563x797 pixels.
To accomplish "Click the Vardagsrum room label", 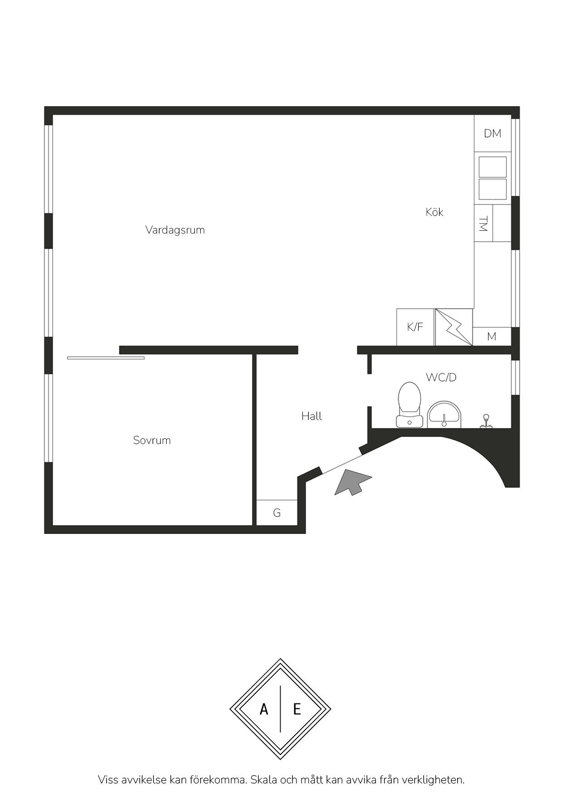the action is click(x=175, y=230).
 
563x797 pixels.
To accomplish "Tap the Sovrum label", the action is click(x=152, y=440).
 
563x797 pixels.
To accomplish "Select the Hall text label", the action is click(x=311, y=416).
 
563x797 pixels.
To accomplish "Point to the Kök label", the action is click(x=435, y=212).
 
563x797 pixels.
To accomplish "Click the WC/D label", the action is click(x=441, y=377).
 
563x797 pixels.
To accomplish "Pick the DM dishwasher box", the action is click(x=493, y=133).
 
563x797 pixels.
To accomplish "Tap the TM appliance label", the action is click(x=483, y=224).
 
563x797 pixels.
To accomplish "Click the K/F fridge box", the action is click(x=415, y=327).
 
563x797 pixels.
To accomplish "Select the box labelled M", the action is click(x=492, y=336).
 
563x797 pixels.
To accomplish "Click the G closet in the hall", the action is click(x=277, y=513).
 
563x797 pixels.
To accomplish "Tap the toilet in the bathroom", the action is click(x=410, y=404).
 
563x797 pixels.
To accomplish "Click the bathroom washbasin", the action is click(x=444, y=414).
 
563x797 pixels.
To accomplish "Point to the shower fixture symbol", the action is click(x=486, y=421).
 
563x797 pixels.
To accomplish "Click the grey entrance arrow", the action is click(x=352, y=482).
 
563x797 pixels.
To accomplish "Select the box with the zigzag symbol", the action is click(x=454, y=327).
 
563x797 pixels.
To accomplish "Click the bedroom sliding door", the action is click(x=106, y=358).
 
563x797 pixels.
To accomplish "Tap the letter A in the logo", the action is click(x=264, y=709).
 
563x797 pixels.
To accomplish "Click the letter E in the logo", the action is click(x=297, y=709).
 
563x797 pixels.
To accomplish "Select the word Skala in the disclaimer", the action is click(x=264, y=780).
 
